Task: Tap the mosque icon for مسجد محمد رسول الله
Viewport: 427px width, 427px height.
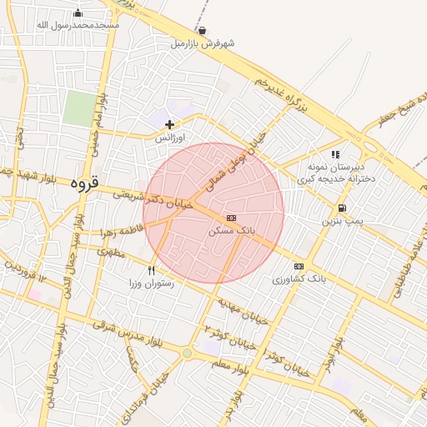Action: (78, 13)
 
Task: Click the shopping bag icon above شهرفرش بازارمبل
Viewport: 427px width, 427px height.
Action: (202, 30)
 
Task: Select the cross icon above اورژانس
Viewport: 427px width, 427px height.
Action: (170, 124)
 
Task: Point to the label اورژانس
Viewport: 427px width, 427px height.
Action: (170, 138)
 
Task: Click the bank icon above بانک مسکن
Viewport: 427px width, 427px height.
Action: (231, 218)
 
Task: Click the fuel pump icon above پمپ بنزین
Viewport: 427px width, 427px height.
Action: (342, 208)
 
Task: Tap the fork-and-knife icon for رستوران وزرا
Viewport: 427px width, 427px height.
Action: (151, 269)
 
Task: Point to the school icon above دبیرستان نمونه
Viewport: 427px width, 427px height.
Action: (335, 154)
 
